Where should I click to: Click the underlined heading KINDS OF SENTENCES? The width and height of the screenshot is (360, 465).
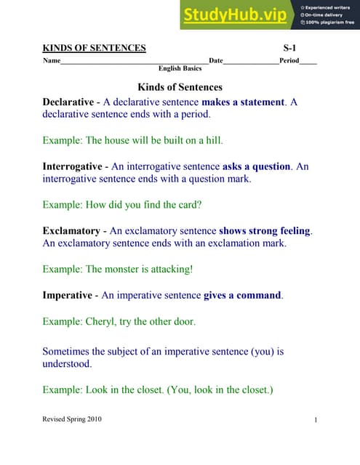click(x=94, y=49)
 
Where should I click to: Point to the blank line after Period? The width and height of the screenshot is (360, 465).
click(x=308, y=60)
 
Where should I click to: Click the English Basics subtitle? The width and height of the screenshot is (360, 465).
click(x=180, y=68)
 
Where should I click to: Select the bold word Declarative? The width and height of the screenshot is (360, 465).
click(x=68, y=102)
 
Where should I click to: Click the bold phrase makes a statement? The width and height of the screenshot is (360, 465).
click(x=242, y=102)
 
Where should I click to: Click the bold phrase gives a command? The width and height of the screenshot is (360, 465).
click(x=242, y=296)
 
